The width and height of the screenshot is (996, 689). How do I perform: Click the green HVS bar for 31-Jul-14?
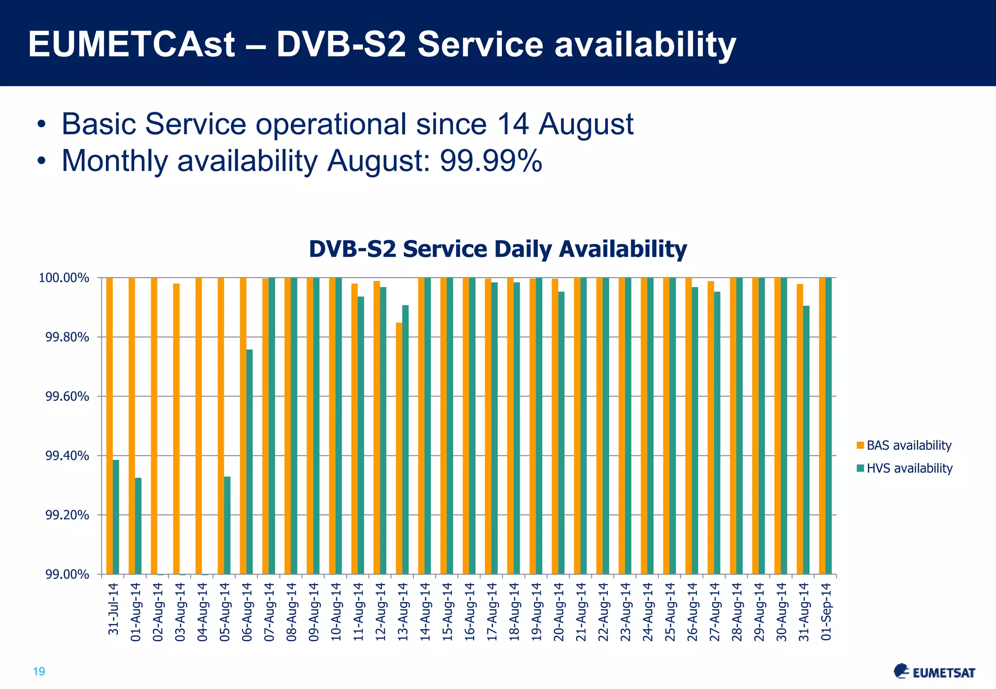pyautogui.click(x=116, y=517)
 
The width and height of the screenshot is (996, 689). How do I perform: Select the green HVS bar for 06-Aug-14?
pyautogui.click(x=249, y=462)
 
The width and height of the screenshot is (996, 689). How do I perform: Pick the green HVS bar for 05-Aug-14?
pyautogui.click(x=227, y=525)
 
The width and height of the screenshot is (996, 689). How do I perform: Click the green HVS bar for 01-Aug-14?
pyautogui.click(x=138, y=526)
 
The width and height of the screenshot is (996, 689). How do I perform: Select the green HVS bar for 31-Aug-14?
pyautogui.click(x=806, y=440)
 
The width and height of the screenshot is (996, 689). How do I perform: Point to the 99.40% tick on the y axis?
pyautogui.click(x=67, y=456)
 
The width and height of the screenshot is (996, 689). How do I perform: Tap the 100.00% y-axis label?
pyautogui.click(x=64, y=278)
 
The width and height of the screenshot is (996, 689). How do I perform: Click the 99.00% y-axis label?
pyautogui.click(x=67, y=575)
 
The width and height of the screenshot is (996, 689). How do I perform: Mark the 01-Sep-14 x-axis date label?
pyautogui.click(x=826, y=612)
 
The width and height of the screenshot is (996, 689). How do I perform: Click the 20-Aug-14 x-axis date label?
pyautogui.click(x=559, y=612)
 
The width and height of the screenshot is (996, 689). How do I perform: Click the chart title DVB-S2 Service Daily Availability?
pyautogui.click(x=498, y=249)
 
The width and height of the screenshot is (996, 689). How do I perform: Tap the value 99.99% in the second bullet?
pyautogui.click(x=491, y=161)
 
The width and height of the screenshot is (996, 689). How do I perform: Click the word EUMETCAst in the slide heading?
pyautogui.click(x=131, y=45)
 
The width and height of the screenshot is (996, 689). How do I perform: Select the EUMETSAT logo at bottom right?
pyautogui.click(x=934, y=672)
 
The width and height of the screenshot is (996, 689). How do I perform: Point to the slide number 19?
pyautogui.click(x=39, y=672)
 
